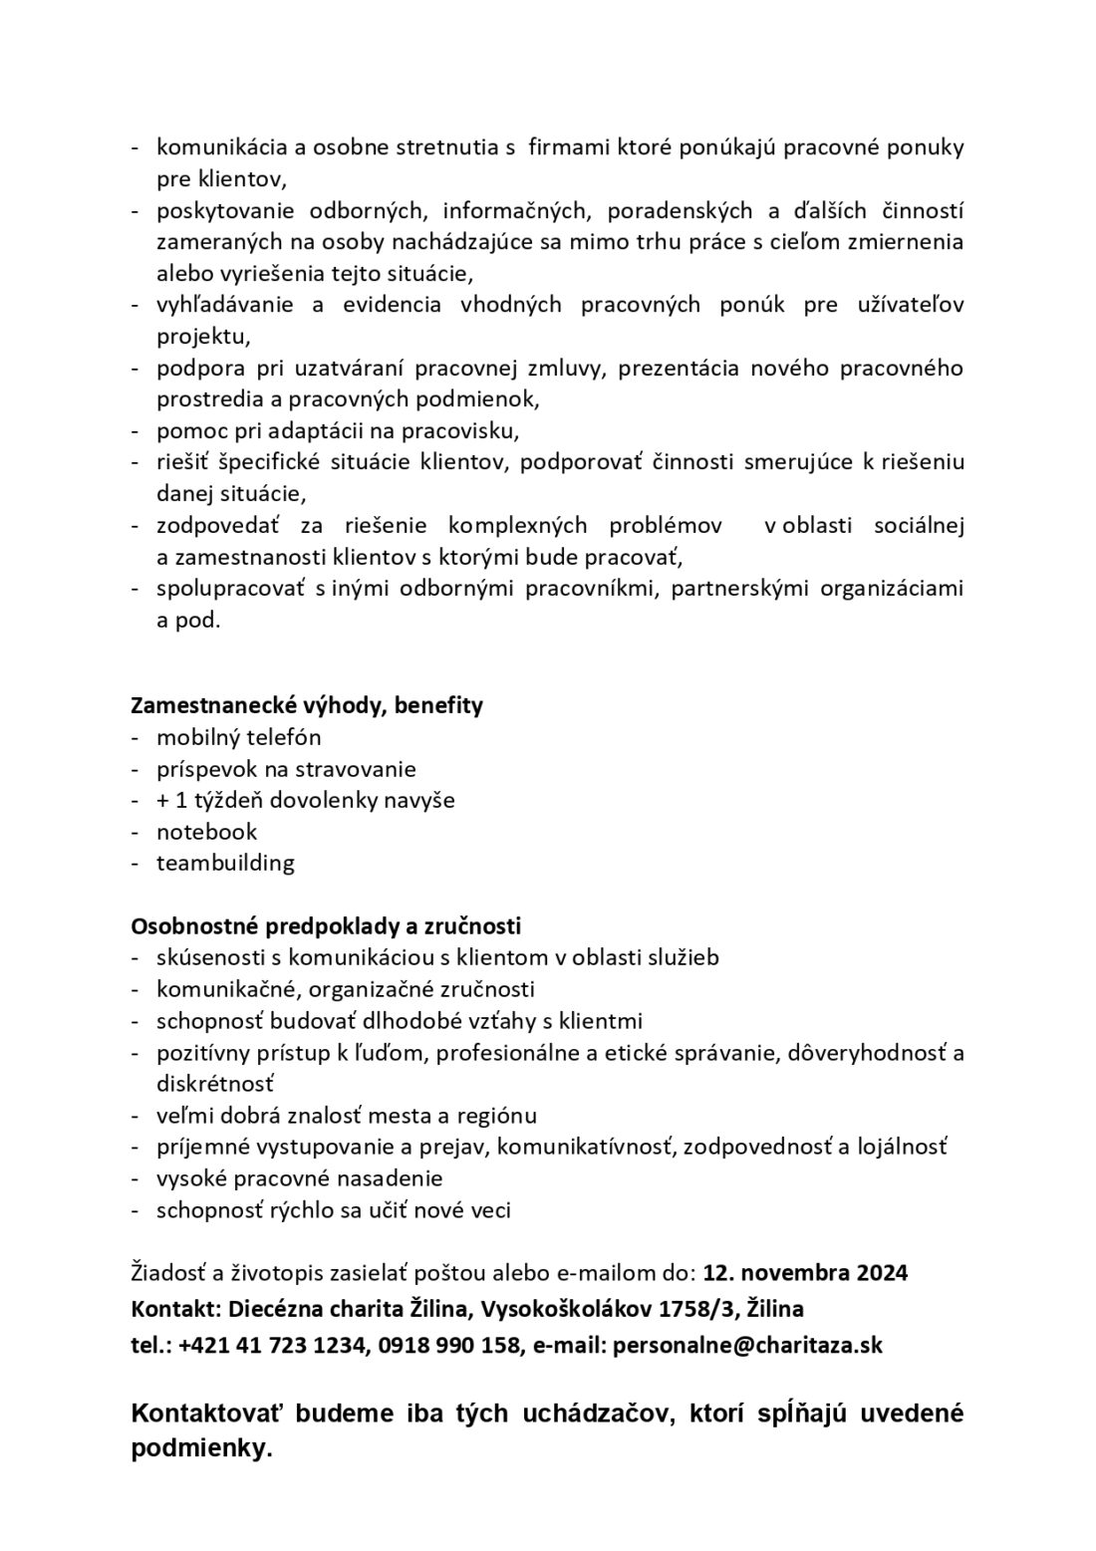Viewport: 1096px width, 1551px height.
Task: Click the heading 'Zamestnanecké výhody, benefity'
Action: click(307, 705)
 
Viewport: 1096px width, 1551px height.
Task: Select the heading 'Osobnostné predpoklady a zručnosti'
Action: click(326, 926)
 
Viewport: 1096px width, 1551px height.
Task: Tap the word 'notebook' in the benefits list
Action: click(206, 832)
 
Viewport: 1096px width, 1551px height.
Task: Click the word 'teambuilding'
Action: click(225, 863)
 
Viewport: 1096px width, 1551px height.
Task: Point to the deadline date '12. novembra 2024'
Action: click(805, 1273)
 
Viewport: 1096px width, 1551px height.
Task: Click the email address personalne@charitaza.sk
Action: click(747, 1345)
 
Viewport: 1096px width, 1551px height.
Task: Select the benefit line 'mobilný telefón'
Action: click(238, 738)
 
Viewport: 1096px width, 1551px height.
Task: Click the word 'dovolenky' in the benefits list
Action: click(328, 800)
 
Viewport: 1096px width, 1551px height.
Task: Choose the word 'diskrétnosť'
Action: click(214, 1083)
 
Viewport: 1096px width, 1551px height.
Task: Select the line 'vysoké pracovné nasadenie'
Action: click(299, 1178)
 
